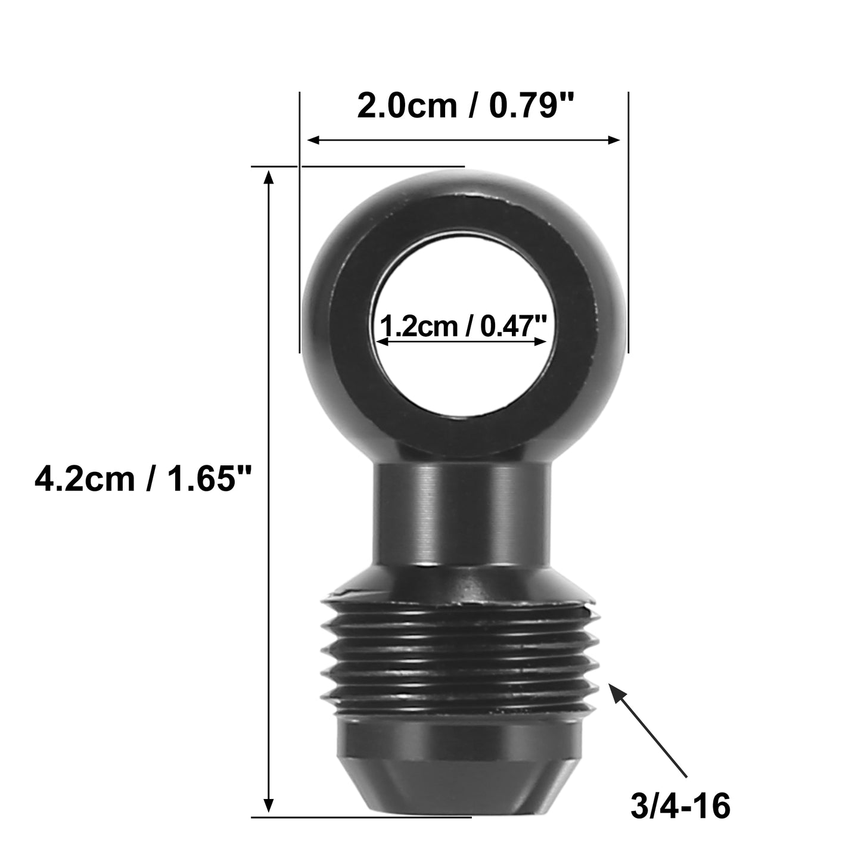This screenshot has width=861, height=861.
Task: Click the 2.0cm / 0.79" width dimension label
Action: [x=465, y=106]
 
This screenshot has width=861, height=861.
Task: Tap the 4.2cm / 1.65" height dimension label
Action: [x=143, y=478]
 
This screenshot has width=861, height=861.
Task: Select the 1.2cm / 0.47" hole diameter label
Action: [x=462, y=326]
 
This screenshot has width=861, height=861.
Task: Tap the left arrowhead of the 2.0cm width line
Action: [x=308, y=140]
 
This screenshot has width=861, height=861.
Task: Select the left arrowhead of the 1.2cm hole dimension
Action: [x=378, y=341]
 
